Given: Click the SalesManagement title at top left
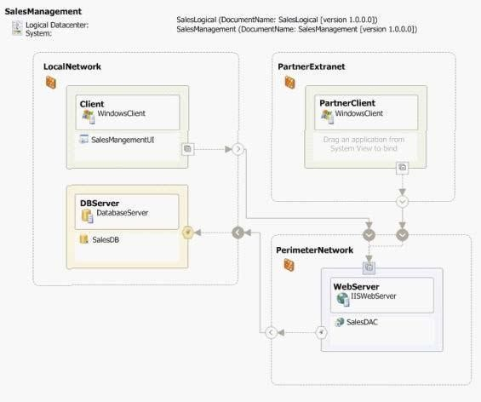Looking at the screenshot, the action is click(43, 11).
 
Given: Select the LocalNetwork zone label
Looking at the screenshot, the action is click(72, 66).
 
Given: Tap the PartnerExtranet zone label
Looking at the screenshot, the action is click(312, 66).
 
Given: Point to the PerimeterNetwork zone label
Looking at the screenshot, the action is click(315, 250).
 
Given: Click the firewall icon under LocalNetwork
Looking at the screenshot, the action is click(51, 83).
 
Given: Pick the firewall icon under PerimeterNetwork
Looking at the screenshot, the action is click(289, 265).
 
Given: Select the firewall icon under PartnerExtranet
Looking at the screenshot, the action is click(290, 83).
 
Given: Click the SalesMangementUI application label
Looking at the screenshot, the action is click(123, 140).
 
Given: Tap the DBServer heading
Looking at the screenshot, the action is click(100, 203).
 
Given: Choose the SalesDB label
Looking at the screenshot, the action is click(106, 239).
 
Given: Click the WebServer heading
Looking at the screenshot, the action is click(356, 287).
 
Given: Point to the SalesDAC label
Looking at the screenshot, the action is click(362, 322).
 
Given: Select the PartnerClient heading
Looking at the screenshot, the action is click(347, 103).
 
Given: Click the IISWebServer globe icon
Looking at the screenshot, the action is click(342, 299).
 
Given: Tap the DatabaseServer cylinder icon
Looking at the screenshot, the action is click(87, 215).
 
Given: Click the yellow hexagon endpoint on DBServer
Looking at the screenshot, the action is click(188, 233).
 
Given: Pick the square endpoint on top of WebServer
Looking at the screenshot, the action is click(369, 268).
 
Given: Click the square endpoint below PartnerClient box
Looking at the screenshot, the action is click(402, 168).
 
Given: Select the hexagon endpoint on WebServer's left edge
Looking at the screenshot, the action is click(321, 332).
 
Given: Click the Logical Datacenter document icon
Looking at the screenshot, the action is click(17, 28).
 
